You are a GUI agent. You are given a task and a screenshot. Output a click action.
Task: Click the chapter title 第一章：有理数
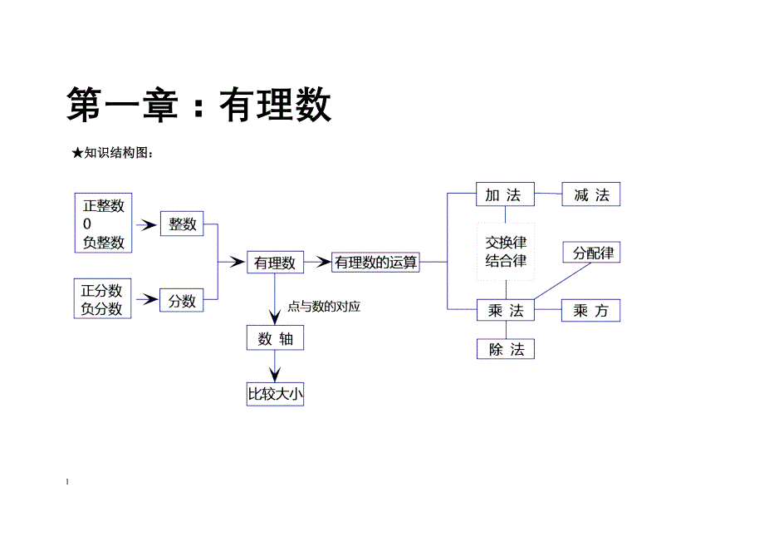[x=199, y=106]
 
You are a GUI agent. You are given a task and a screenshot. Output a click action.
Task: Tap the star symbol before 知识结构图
[x=77, y=153]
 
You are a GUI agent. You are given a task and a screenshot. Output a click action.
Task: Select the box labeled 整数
[x=182, y=224]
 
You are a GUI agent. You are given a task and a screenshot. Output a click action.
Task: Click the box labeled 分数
[x=182, y=301]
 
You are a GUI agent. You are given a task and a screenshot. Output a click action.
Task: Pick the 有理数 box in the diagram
[x=275, y=263]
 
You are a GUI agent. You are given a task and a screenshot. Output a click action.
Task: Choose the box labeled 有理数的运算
[x=375, y=263]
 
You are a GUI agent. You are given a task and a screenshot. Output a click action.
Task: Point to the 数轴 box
[x=275, y=338]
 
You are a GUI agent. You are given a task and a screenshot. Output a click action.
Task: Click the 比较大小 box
[x=276, y=394]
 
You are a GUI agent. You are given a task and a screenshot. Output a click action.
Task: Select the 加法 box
[x=504, y=195]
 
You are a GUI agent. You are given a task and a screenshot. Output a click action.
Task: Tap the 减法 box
[x=590, y=195]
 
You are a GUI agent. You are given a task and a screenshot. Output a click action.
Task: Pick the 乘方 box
[x=590, y=310]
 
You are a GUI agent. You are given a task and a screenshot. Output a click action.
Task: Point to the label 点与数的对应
[x=324, y=307]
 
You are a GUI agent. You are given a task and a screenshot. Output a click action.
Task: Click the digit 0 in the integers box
[x=87, y=224]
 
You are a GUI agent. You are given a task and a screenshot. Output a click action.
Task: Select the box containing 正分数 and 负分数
[x=102, y=299]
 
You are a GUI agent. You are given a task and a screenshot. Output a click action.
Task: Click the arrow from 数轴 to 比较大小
[x=275, y=368]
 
